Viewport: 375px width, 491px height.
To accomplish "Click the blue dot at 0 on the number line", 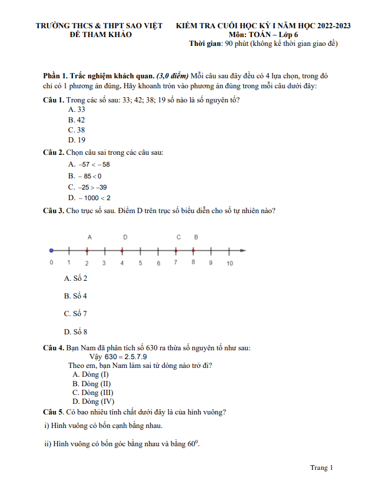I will click(x=51, y=250).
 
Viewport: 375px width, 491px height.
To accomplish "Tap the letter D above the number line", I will click(x=125, y=237).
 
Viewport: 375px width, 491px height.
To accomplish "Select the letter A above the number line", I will click(x=89, y=237).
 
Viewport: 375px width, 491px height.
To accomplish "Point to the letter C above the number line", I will click(x=178, y=237).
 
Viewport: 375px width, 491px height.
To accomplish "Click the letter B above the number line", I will click(x=196, y=237).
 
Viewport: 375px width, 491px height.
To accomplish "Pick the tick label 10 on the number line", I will click(x=230, y=263).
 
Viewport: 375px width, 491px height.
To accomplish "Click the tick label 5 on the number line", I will click(x=140, y=263).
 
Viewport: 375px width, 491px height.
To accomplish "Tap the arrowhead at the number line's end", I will click(x=243, y=250).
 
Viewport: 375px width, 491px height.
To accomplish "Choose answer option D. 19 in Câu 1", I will click(x=77, y=140).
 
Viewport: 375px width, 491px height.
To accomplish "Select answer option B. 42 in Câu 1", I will click(x=77, y=120).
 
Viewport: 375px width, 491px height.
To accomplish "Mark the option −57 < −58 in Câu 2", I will click(x=89, y=164).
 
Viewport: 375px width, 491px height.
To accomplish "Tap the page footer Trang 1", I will click(x=321, y=467).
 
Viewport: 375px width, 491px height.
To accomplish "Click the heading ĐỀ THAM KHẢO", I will click(x=101, y=35).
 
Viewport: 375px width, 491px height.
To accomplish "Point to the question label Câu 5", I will click(x=54, y=412).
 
